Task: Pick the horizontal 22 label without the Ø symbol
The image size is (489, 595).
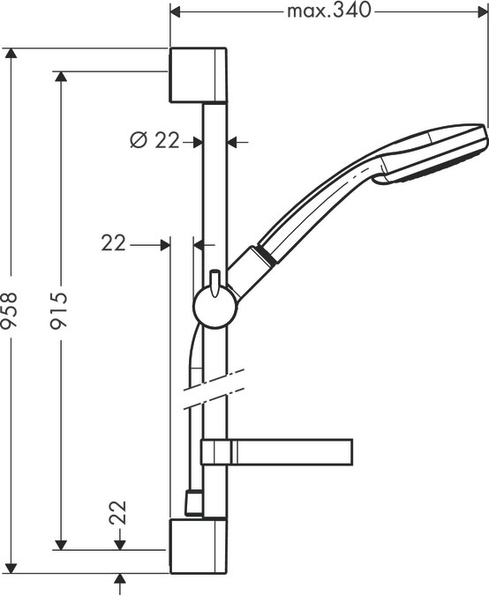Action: (113, 243)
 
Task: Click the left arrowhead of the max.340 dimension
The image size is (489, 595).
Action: (176, 11)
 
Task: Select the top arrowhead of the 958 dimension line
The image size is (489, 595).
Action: (11, 54)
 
